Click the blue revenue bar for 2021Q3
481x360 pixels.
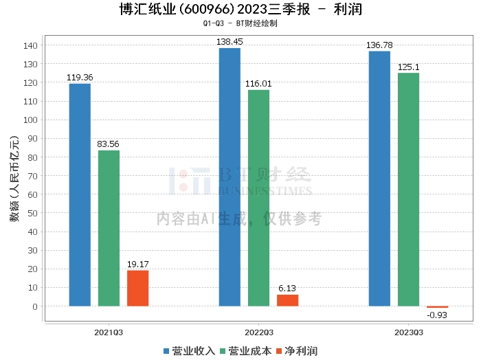(80, 194)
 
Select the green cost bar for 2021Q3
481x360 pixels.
(109, 228)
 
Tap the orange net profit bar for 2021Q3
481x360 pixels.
(137, 288)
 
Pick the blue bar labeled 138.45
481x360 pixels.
(230, 177)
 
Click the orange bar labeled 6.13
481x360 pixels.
(287, 300)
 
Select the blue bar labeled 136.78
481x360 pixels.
(379, 179)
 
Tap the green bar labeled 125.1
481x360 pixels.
(408, 189)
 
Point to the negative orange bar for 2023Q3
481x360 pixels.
(437, 307)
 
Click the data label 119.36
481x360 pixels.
(80, 78)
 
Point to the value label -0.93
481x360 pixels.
(437, 315)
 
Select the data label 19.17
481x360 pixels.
(137, 265)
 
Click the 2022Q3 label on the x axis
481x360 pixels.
(258, 332)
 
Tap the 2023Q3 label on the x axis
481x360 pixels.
(408, 332)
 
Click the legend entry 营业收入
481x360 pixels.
(189, 351)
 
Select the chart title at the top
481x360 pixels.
(240, 10)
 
